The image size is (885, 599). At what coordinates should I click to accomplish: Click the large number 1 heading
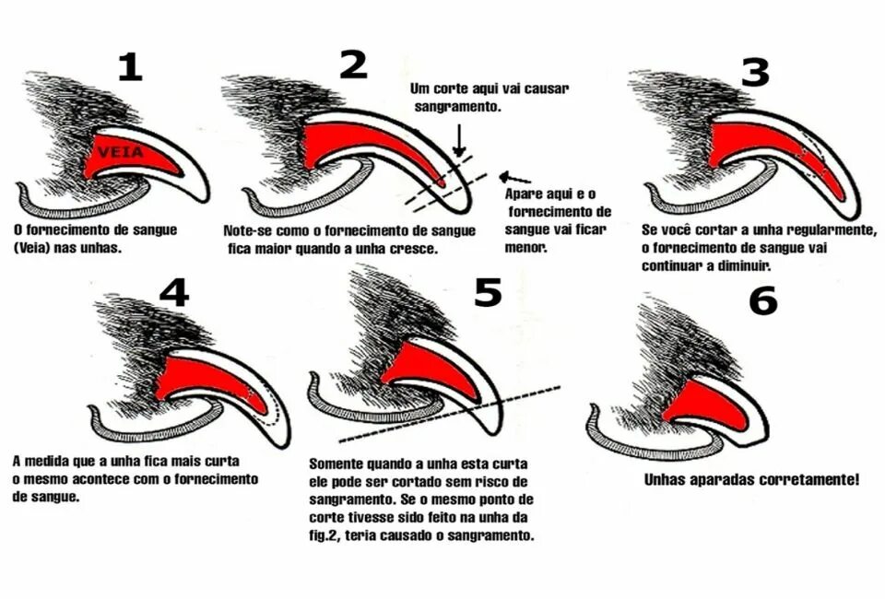click(x=130, y=66)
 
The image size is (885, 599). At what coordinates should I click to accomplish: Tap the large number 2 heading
click(x=353, y=65)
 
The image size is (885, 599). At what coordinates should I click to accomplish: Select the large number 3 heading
click(x=754, y=71)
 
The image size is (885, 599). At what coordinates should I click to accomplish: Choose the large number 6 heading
click(x=762, y=300)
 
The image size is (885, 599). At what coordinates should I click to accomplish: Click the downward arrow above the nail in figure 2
click(x=458, y=139)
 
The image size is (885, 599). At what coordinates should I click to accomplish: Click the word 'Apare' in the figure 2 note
click(x=523, y=194)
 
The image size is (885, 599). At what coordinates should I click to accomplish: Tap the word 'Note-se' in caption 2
click(x=248, y=230)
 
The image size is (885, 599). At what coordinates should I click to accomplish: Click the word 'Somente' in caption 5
click(x=337, y=463)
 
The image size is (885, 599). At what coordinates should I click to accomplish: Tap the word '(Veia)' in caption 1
click(x=34, y=247)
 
